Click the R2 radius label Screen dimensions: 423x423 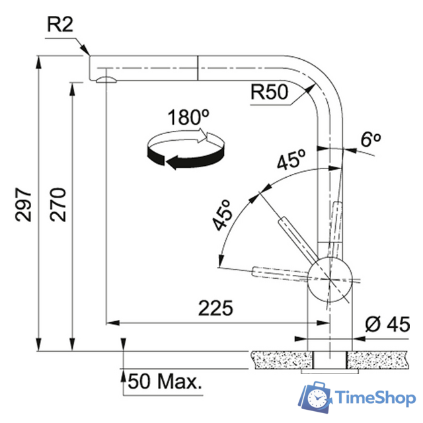pos(60,24)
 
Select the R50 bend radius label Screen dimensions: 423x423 pos(269,92)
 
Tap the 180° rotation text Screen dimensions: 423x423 pos(188,118)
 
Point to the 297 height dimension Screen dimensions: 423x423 pos(23,205)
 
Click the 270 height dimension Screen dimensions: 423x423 pos(58,205)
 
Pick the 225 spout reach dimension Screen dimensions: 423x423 pos(215,308)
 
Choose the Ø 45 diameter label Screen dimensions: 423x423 pos(388,324)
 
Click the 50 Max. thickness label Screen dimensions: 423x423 pos(165,381)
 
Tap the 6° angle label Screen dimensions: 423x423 pos(371,139)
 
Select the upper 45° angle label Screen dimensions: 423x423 pos(291,159)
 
